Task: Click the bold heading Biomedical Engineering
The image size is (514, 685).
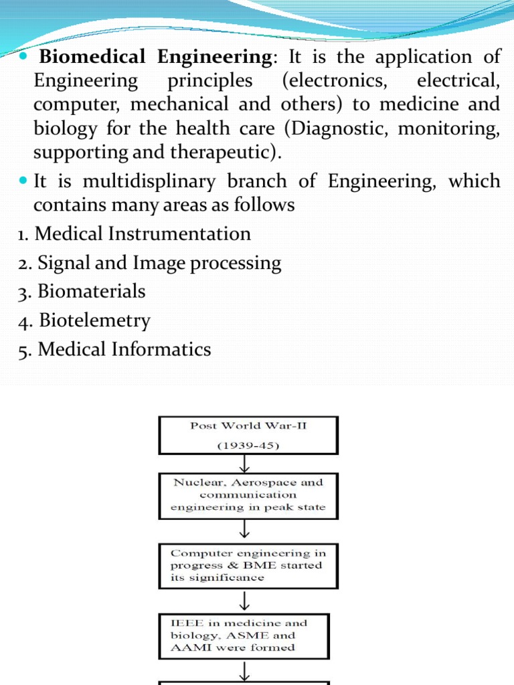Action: [x=156, y=57]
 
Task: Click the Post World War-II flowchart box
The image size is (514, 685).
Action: [x=248, y=434]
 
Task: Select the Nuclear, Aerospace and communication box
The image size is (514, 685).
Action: [x=247, y=495]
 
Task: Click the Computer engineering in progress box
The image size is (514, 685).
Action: [x=247, y=565]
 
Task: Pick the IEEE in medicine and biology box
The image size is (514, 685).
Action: [x=247, y=635]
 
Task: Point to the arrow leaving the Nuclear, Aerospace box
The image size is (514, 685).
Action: [x=247, y=530]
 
